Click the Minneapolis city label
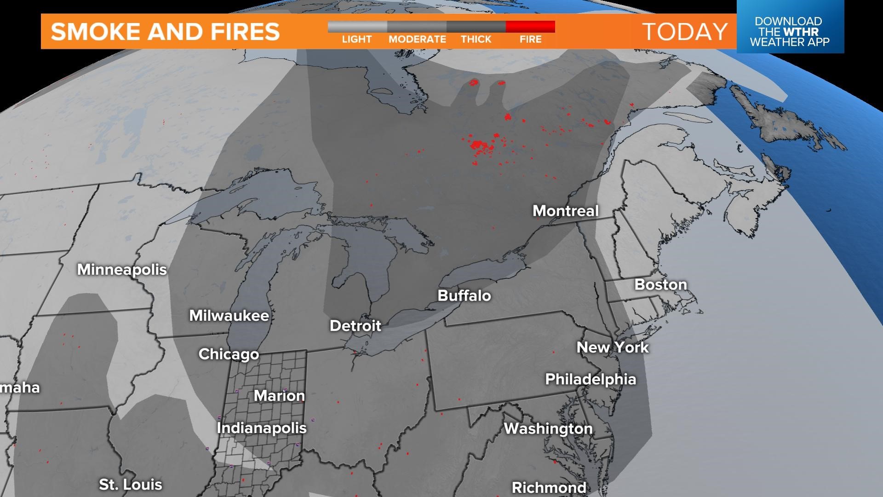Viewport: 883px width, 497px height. (122, 269)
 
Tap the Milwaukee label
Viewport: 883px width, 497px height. (229, 316)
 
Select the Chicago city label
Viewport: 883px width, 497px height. (229, 354)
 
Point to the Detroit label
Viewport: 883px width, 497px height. (355, 326)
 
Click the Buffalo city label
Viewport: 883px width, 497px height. (464, 295)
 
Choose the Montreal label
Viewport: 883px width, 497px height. (566, 211)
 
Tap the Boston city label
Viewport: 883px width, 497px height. (660, 284)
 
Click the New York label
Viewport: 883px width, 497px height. (613, 347)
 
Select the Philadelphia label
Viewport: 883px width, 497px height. (591, 379)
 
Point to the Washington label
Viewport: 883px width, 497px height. (548, 428)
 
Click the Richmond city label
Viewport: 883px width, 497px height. (549, 487)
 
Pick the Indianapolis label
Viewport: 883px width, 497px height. (262, 428)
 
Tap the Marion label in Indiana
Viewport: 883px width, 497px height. (279, 396)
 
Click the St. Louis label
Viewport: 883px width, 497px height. (131, 485)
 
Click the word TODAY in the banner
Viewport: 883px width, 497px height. (685, 31)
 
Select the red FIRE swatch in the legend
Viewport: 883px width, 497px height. (530, 26)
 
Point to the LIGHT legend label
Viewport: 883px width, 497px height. (356, 40)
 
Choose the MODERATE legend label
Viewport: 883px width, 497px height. (417, 40)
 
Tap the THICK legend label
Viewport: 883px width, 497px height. (476, 40)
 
